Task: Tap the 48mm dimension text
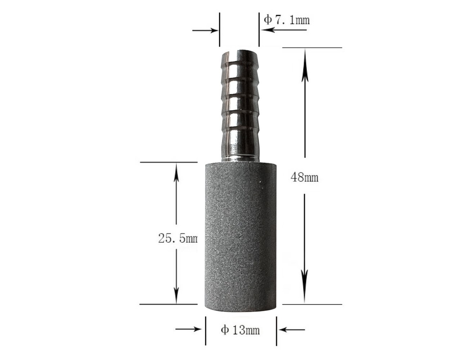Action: point(305,177)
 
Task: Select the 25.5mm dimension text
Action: point(178,238)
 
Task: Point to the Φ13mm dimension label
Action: point(240,330)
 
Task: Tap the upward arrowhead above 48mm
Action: point(305,58)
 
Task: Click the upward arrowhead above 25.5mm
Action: point(176,172)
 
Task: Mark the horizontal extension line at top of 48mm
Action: point(312,48)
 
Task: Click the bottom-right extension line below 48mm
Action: point(312,305)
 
